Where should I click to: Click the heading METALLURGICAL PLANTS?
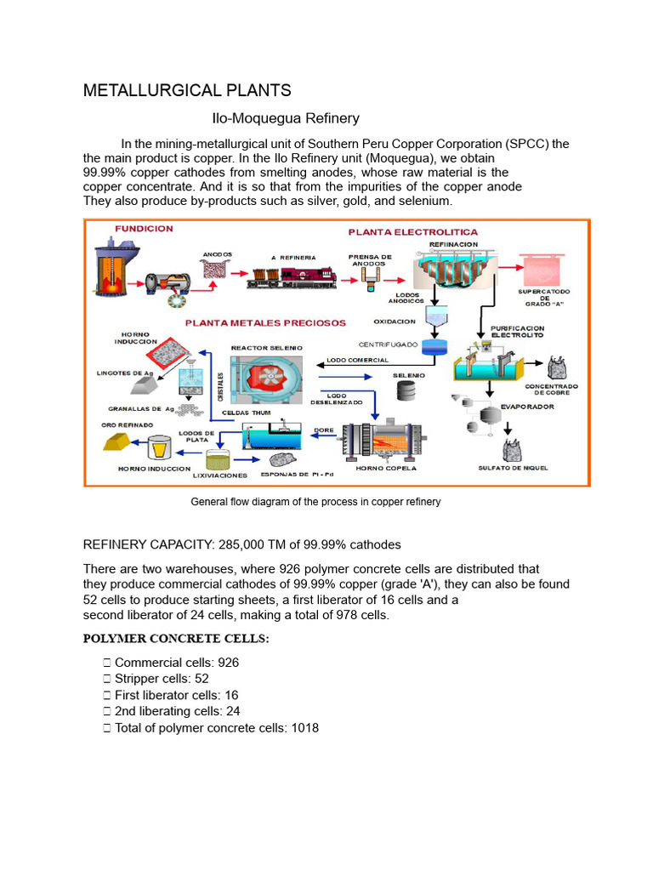186,90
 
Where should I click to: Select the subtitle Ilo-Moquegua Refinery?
285,118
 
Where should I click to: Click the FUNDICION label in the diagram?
144,229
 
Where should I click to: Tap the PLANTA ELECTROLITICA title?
412,231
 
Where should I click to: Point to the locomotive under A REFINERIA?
285,277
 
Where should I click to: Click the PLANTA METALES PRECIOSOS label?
266,322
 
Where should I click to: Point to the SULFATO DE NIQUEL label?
513,468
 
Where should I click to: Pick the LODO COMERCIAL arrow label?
357,360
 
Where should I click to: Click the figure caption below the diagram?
315,502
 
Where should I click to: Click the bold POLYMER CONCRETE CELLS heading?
176,640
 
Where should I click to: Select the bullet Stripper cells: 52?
162,679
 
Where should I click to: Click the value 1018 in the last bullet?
304,727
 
